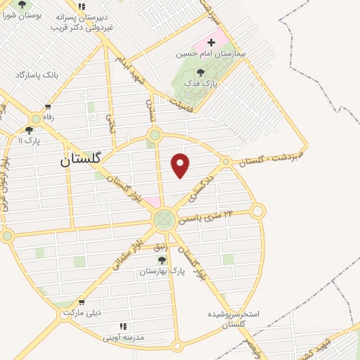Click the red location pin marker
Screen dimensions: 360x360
[181, 166]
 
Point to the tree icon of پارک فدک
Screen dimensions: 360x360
[201, 72]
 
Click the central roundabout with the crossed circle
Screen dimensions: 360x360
[164, 221]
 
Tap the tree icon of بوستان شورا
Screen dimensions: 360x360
[22, 4]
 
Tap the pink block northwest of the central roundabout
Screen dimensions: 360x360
[152, 203]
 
